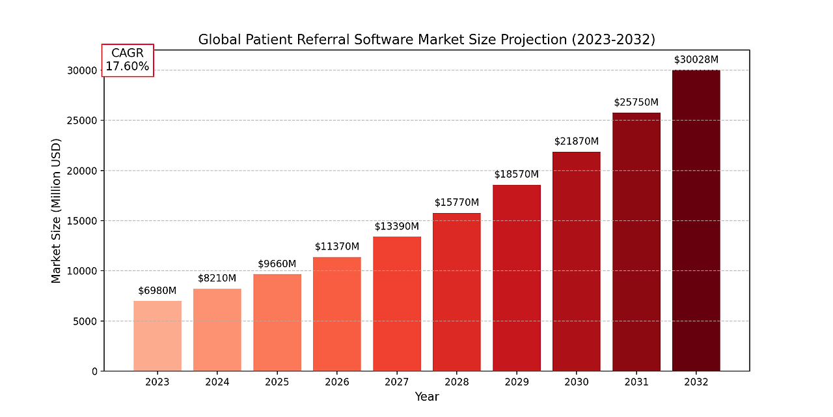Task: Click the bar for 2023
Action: point(157,336)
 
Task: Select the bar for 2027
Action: point(397,304)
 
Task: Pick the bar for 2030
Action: point(576,261)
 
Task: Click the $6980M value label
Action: point(157,291)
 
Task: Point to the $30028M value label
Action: point(696,60)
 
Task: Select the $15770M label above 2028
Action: point(457,203)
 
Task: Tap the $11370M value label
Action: point(337,247)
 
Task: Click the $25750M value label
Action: point(636,103)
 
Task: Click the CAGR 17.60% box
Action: point(128,60)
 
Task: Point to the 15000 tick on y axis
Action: point(84,221)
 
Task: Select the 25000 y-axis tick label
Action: point(84,121)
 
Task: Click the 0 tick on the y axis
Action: point(94,371)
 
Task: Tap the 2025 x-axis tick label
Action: point(277,382)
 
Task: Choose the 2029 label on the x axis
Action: point(517,382)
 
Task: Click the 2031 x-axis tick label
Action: point(636,382)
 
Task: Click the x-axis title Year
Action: point(427,397)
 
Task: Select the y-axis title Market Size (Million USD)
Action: point(56,210)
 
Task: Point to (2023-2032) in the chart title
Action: point(613,40)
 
